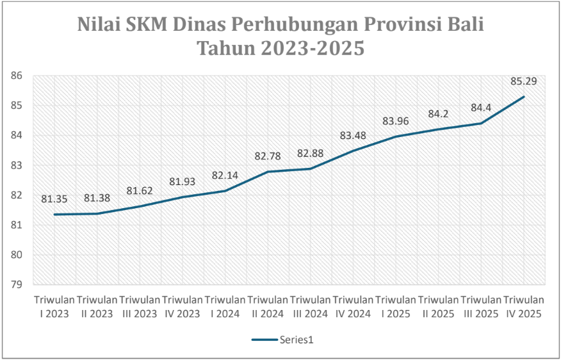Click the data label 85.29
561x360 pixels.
524,81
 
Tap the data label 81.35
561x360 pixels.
54,199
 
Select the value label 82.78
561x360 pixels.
268,156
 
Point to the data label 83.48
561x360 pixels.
353,135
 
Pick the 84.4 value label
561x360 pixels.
481,108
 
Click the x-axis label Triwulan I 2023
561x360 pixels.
54,307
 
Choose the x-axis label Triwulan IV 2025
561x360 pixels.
524,307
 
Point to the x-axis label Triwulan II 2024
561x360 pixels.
268,307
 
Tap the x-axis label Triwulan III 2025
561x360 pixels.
481,307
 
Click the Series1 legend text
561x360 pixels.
296,340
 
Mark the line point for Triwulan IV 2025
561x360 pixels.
524,97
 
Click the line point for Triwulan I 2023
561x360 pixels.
54,215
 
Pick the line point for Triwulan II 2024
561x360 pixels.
268,172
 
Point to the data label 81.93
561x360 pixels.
183,182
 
